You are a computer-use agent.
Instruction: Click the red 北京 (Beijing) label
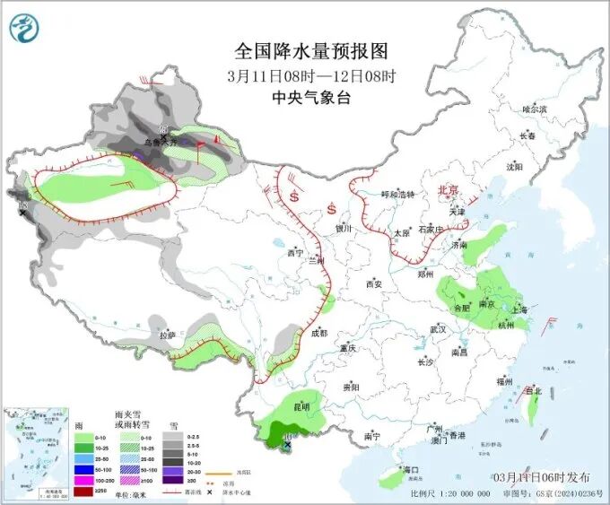(448, 190)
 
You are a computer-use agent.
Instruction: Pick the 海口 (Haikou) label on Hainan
(412, 469)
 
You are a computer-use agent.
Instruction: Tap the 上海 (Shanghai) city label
(518, 309)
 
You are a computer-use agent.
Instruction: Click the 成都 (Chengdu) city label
(319, 333)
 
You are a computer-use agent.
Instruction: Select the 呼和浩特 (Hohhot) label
(398, 194)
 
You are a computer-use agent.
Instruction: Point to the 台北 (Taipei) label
(534, 391)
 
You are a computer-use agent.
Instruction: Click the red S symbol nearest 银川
(332, 210)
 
